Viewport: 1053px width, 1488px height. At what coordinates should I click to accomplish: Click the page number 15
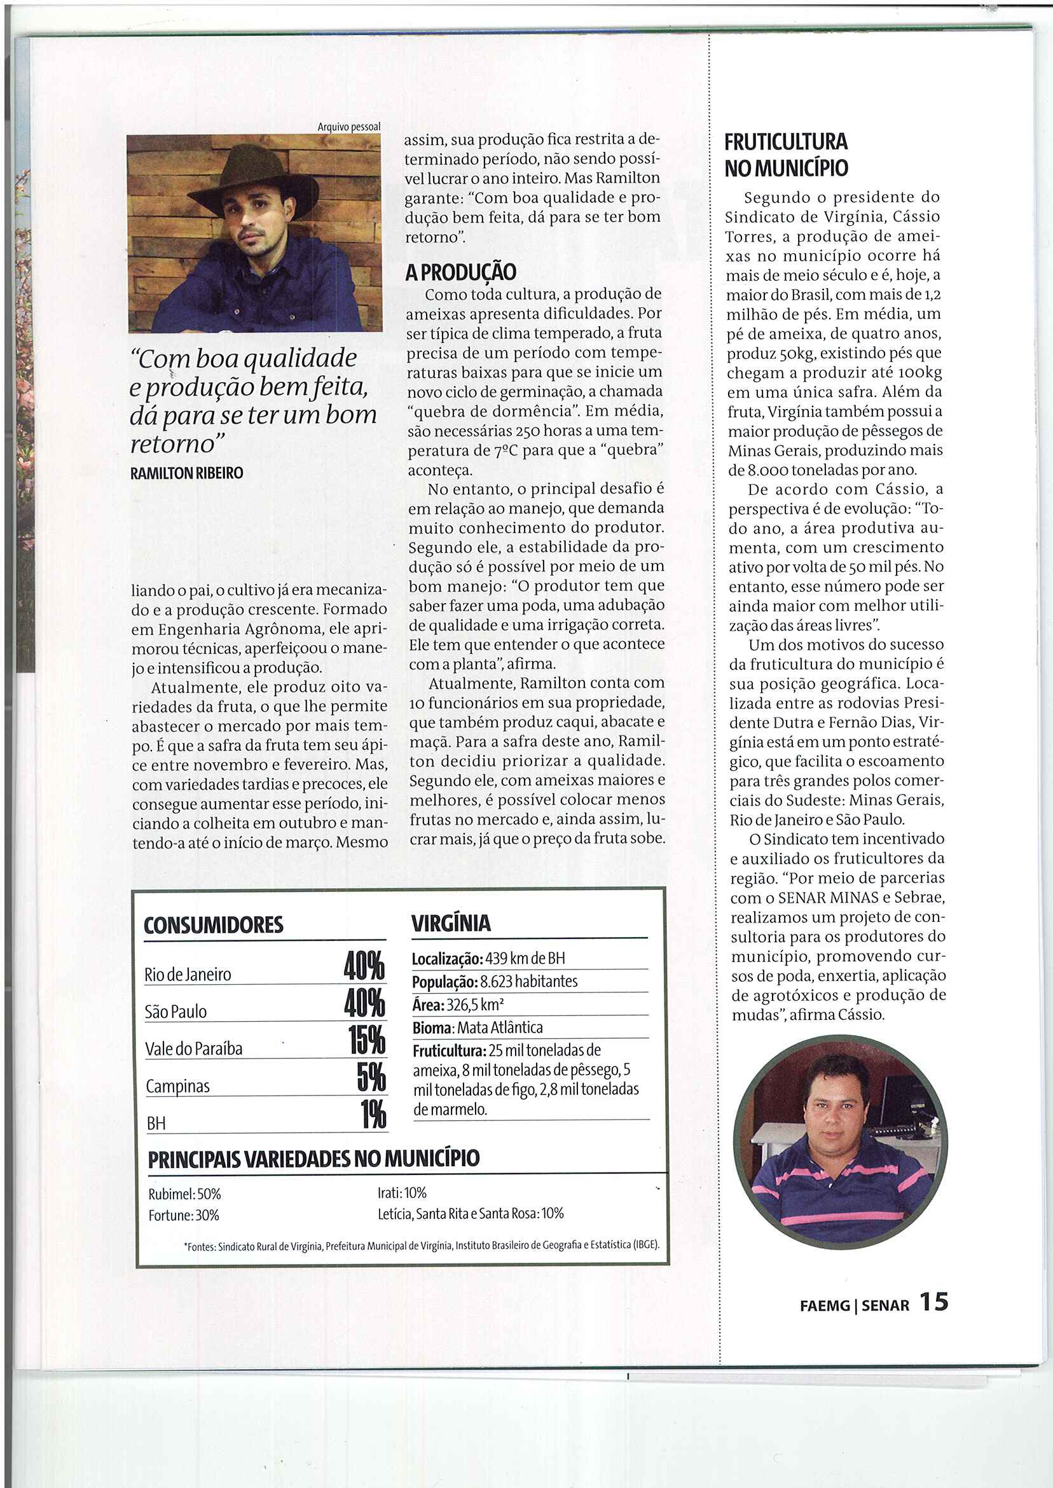(933, 1301)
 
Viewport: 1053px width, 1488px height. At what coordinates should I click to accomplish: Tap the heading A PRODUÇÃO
(460, 272)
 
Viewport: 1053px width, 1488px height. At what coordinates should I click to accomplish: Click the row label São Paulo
(175, 1012)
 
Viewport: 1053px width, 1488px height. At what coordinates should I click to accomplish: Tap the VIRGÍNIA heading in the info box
(451, 923)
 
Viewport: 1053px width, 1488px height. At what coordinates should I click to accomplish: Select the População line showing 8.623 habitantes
(495, 982)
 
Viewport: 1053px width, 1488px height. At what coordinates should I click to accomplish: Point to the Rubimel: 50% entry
(185, 1193)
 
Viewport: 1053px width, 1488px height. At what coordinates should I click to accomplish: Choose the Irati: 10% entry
(402, 1192)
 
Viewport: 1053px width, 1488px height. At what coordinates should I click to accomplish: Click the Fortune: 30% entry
(184, 1215)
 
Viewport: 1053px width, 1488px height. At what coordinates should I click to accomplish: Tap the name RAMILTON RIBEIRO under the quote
(187, 473)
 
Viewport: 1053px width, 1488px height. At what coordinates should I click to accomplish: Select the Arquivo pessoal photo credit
(349, 127)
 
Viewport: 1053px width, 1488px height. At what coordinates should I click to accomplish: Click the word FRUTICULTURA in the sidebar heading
(786, 141)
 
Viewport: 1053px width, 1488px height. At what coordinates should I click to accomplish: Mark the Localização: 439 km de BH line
(488, 959)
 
